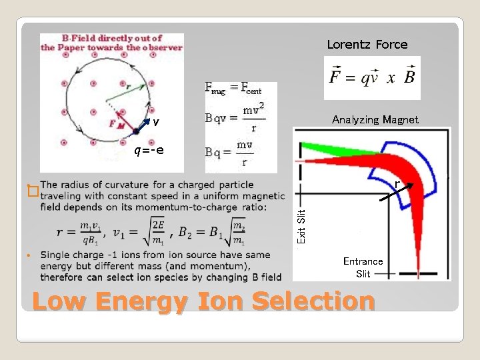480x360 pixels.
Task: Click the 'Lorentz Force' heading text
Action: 367,45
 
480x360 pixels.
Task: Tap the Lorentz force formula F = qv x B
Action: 372,77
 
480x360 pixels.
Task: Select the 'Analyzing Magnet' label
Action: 375,120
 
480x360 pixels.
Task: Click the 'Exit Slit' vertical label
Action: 301,226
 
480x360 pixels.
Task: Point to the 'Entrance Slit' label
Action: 363,267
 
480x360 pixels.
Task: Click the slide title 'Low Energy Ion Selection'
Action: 203,301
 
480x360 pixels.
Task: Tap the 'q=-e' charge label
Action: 148,149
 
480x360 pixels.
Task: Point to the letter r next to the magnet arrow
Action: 397,183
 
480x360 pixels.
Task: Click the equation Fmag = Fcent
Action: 233,88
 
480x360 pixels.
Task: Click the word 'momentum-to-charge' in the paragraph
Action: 206,207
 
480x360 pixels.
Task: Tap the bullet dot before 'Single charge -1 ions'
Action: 29,256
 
